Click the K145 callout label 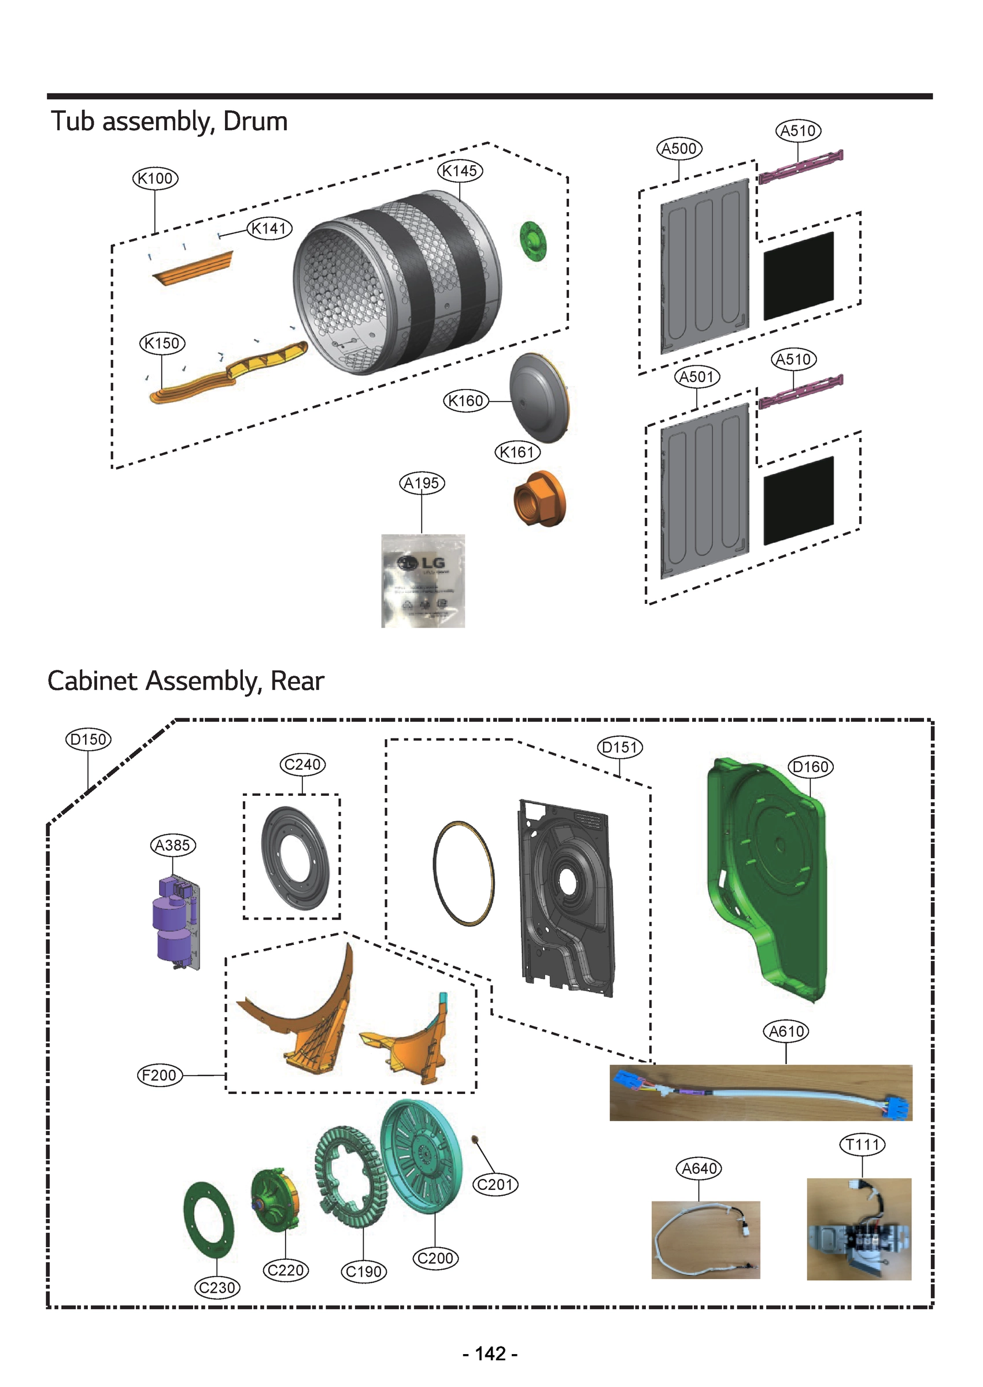(460, 171)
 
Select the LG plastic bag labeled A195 (423, 581)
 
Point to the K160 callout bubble (465, 401)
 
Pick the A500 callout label (679, 149)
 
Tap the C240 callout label (302, 765)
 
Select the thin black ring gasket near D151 (464, 873)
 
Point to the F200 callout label (159, 1076)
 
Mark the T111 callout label (862, 1144)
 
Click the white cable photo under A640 (705, 1240)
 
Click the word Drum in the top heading (255, 121)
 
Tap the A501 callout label (697, 377)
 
